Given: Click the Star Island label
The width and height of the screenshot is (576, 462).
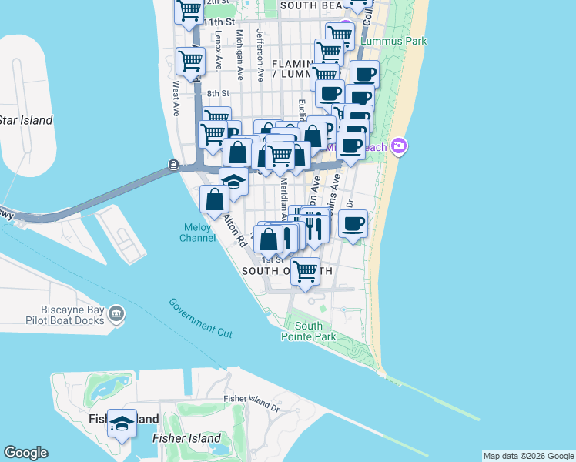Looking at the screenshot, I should (x=25, y=120).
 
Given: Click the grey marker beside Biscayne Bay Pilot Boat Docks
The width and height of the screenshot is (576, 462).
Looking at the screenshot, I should (x=116, y=313).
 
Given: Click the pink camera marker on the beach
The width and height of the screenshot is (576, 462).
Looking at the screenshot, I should (x=398, y=146).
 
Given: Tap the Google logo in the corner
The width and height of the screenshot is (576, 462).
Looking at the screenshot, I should (x=25, y=453).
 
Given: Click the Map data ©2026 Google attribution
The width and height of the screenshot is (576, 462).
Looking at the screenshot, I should (x=528, y=456).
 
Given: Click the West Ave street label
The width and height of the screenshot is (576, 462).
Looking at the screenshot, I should (x=176, y=99).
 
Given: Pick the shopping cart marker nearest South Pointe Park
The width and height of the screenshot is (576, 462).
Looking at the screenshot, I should (x=306, y=272).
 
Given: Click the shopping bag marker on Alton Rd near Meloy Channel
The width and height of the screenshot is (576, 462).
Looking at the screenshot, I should (x=214, y=200).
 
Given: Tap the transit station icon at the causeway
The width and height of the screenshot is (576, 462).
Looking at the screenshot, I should (x=174, y=164).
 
